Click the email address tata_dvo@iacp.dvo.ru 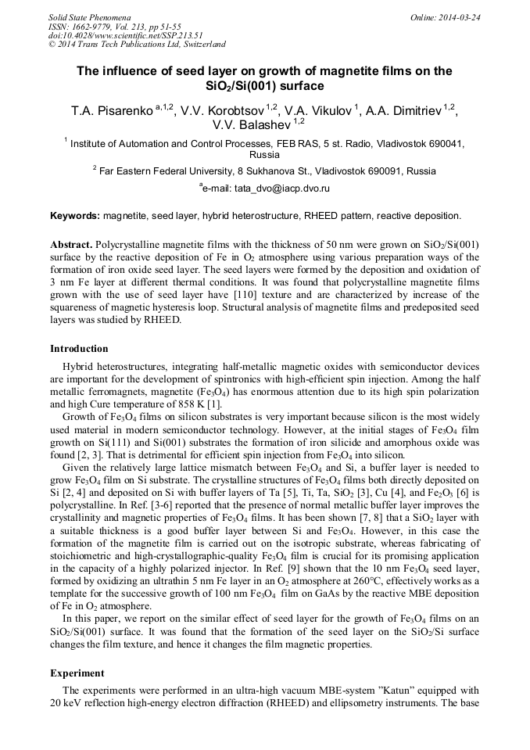(267, 188)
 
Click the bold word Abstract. (71, 244)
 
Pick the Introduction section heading (79, 348)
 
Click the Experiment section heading (77, 672)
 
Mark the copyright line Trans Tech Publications (137, 45)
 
